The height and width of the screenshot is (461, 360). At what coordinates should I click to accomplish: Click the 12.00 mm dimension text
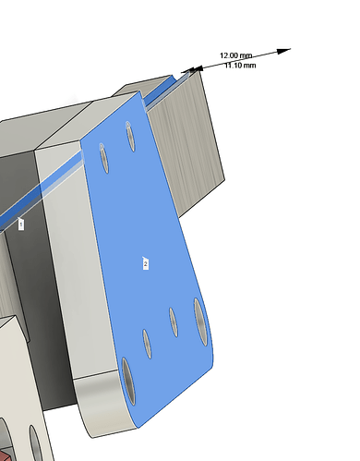tap(236, 55)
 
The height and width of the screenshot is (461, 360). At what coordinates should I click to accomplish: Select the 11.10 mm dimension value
tap(240, 66)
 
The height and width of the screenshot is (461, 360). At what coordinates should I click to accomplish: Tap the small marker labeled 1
tap(20, 224)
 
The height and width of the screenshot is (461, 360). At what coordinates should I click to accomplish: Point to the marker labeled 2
tap(146, 263)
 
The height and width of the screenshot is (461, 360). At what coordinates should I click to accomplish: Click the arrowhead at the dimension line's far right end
tap(283, 51)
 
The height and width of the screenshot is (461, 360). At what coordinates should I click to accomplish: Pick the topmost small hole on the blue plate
tap(130, 136)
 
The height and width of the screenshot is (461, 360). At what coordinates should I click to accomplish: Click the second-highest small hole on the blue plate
tap(104, 158)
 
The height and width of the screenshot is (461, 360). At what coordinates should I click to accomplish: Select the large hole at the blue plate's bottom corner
tap(128, 382)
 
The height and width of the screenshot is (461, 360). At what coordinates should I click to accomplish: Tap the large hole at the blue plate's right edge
tap(201, 321)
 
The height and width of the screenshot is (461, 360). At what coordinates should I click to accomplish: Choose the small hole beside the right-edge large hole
tap(174, 322)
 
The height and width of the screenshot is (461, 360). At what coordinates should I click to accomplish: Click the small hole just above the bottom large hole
tap(147, 344)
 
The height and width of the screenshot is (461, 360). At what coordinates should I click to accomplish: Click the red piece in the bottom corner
tap(5, 455)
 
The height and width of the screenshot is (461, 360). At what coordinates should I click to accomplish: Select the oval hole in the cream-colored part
tap(36, 443)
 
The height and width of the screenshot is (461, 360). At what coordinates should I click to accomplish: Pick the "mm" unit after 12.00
tap(246, 55)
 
